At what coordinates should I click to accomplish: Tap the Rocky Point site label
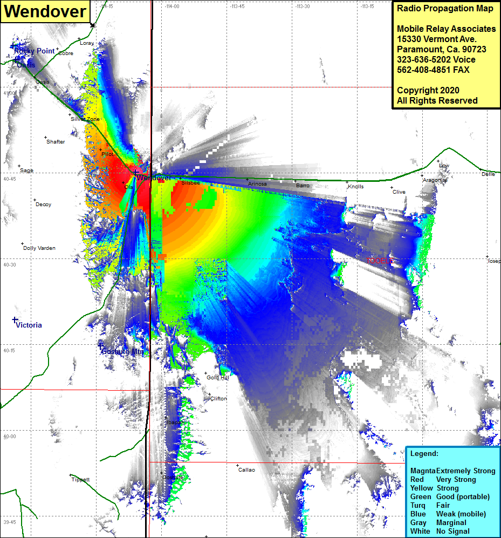click(x=35, y=51)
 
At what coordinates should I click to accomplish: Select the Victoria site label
click(x=29, y=325)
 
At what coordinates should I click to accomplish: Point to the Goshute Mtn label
click(x=123, y=351)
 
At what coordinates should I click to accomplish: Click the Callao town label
click(x=246, y=470)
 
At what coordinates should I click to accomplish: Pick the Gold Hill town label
click(x=218, y=378)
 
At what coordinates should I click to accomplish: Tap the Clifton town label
click(x=218, y=399)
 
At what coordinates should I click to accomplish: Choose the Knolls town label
click(x=355, y=187)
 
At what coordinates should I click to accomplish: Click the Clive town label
click(x=399, y=192)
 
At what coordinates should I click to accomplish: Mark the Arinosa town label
click(x=257, y=184)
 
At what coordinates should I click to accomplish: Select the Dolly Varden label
click(x=39, y=248)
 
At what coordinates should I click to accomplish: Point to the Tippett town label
click(x=80, y=480)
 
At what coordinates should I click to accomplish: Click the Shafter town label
click(x=56, y=142)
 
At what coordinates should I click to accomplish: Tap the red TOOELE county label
click(x=380, y=261)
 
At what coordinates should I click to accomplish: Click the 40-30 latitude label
click(x=10, y=265)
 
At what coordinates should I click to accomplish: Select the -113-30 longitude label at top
click(x=302, y=6)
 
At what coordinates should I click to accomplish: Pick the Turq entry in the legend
click(x=419, y=506)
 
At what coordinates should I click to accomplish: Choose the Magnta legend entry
click(x=422, y=471)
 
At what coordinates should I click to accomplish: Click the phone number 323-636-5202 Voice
click(x=436, y=59)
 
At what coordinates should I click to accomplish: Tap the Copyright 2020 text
click(x=428, y=90)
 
